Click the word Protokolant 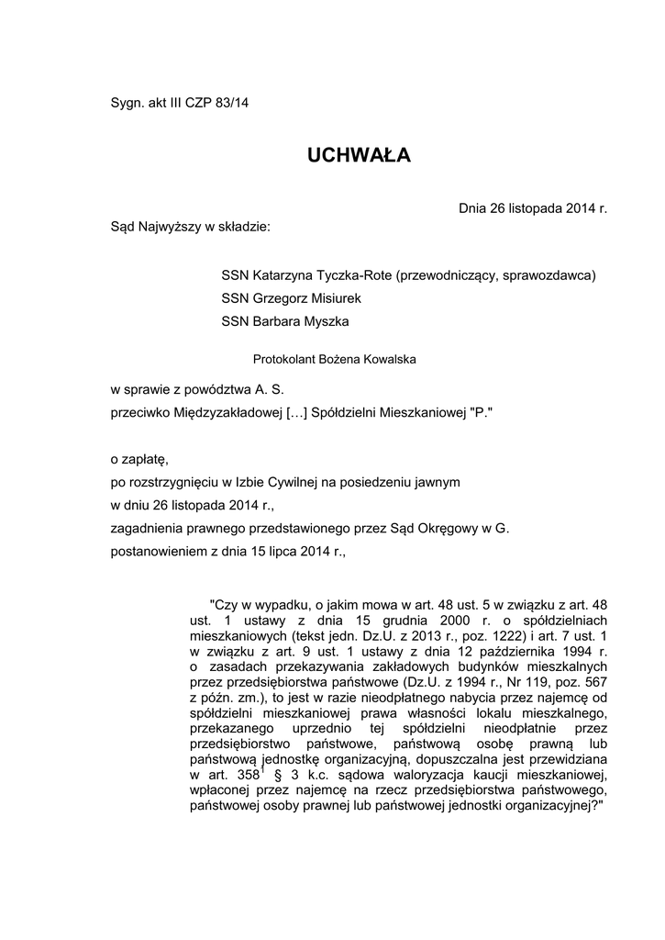[284, 361]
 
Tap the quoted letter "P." [482, 413]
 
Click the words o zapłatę [139, 457]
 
